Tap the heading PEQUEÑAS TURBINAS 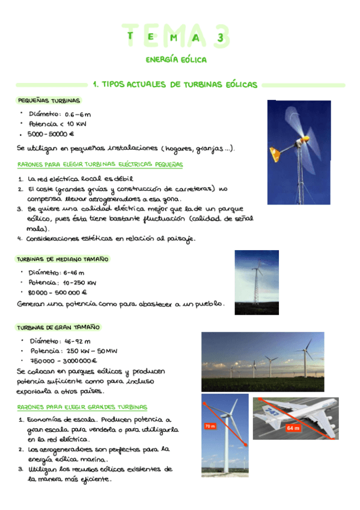49,100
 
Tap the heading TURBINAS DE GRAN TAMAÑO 58,328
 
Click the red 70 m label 210,426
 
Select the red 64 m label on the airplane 293,428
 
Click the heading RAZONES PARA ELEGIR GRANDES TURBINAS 82,407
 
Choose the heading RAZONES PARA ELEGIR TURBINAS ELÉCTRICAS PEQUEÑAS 100,164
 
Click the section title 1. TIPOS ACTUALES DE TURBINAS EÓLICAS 175,85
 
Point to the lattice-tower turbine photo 257,282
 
